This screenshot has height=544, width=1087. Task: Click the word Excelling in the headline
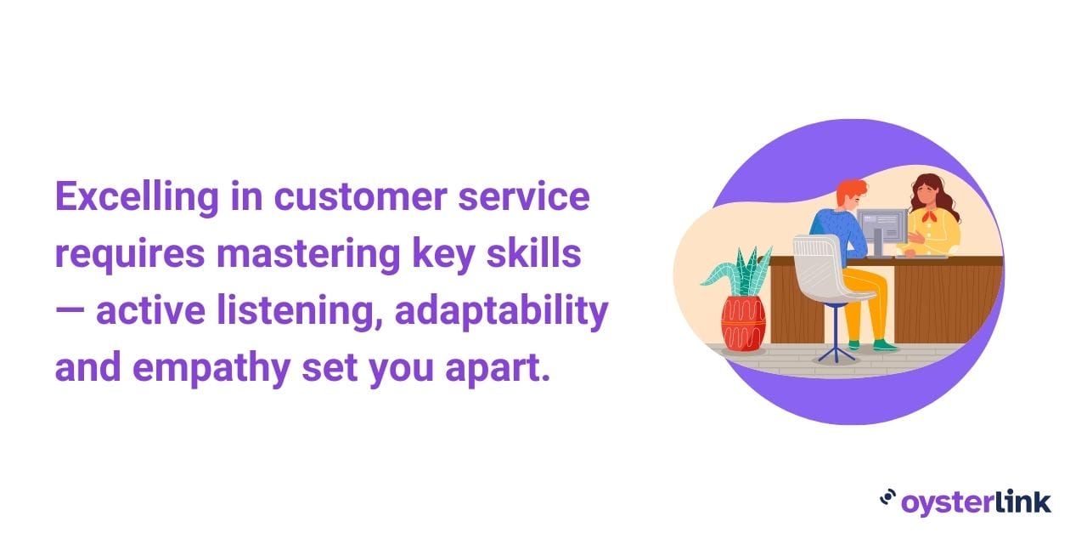137,197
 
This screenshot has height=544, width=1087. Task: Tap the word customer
361,196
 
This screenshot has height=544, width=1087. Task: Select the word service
524,196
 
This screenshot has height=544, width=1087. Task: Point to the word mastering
308,254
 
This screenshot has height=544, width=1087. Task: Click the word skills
533,252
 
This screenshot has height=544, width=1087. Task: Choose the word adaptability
502,311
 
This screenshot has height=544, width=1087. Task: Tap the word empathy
211,368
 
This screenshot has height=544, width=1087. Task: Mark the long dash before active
70,311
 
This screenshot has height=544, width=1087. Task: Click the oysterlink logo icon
887,498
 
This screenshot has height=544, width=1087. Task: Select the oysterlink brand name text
977,502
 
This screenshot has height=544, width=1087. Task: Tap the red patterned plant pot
743,324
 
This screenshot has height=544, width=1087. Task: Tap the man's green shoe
885,346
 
